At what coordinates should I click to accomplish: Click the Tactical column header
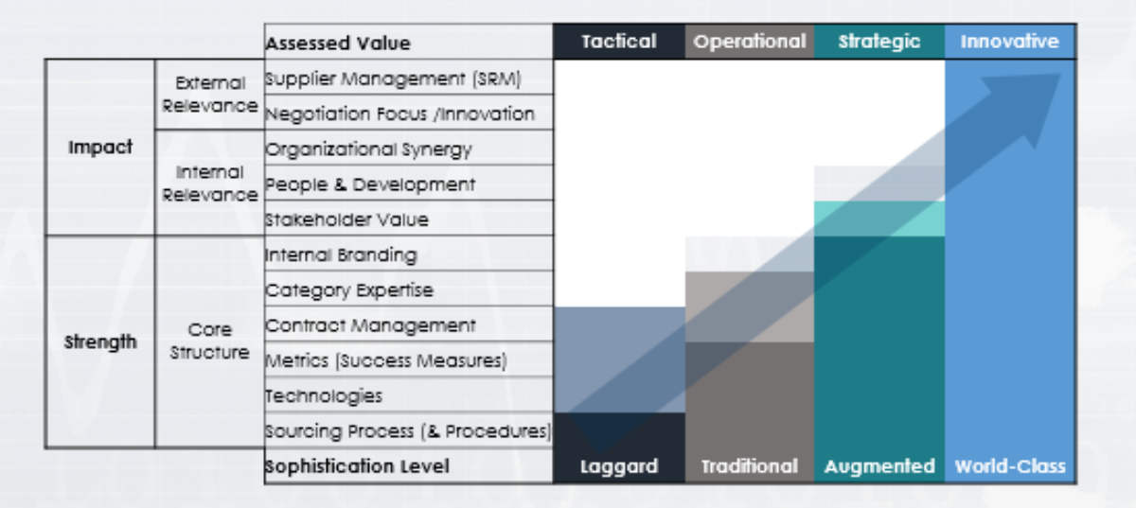click(618, 42)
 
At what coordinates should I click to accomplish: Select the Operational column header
click(749, 42)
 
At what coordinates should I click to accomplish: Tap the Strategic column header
click(879, 42)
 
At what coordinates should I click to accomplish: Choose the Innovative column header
click(1009, 42)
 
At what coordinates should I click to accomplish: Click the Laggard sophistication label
click(618, 466)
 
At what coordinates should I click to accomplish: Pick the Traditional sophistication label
click(749, 466)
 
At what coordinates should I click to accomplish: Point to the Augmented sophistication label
click(879, 466)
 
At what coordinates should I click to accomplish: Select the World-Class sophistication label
click(1009, 466)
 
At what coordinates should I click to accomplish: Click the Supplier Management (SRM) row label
click(393, 78)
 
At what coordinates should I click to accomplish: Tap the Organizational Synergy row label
click(368, 149)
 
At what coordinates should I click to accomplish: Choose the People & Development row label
click(370, 184)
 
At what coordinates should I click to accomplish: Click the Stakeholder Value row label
click(346, 219)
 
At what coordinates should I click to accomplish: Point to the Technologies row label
click(324, 395)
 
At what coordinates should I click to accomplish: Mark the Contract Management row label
click(370, 325)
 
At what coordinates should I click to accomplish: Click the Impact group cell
click(100, 148)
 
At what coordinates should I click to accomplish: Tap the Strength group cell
click(100, 342)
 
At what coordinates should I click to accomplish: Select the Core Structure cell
click(209, 342)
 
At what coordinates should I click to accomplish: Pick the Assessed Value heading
click(338, 44)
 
